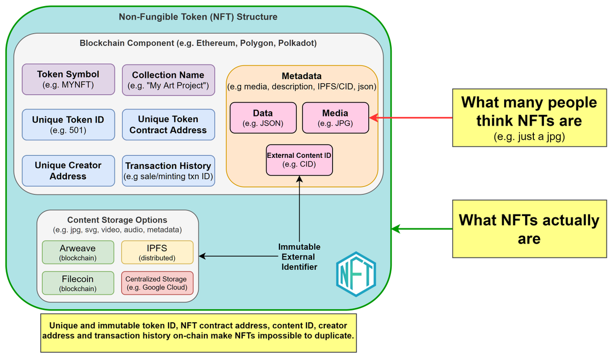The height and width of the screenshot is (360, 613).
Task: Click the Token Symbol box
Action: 68,79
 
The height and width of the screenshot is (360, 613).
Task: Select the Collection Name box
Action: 168,80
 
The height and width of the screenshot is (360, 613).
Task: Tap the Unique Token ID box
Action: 68,125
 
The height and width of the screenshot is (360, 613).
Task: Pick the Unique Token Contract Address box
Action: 168,125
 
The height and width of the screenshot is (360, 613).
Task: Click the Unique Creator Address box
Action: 68,171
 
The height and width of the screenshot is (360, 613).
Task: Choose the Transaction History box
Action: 168,171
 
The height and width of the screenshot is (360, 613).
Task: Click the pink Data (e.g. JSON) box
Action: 263,117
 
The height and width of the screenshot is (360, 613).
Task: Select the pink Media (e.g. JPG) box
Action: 335,117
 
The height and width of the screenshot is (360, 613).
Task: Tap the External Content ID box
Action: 299,159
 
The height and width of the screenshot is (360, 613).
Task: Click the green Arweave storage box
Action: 78,252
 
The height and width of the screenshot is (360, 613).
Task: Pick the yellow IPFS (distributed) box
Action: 157,252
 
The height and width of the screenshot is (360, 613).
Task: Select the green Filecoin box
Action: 78,283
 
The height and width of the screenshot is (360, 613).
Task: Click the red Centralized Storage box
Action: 157,283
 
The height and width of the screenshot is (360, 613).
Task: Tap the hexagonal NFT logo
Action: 356,274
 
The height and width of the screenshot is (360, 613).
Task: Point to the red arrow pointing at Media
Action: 411,117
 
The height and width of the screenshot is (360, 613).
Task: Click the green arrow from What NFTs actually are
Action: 422,229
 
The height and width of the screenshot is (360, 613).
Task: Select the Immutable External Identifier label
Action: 299,256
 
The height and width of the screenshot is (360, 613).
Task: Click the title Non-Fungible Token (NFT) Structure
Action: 198,17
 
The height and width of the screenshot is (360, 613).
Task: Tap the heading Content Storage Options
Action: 117,220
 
